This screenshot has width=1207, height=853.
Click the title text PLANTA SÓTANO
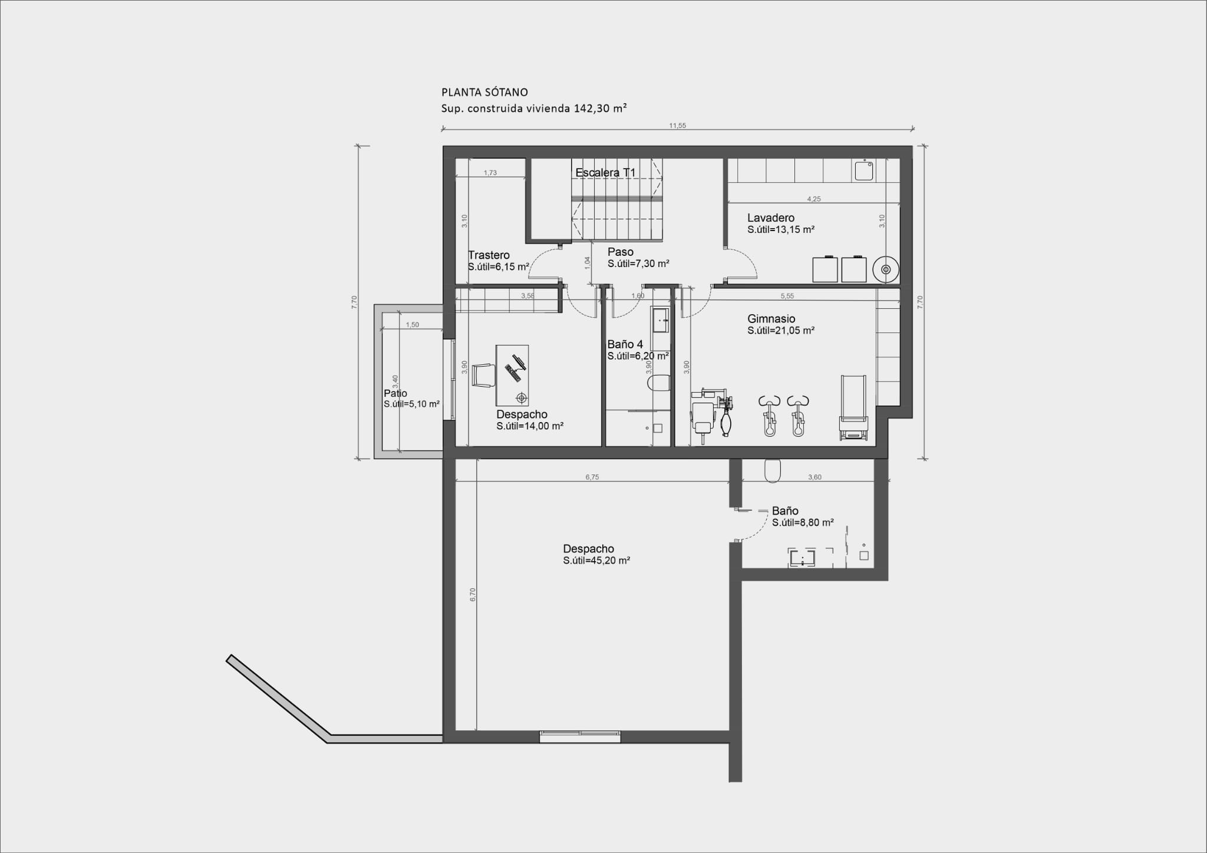tap(484, 93)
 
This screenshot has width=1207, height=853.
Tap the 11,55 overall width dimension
tap(677, 126)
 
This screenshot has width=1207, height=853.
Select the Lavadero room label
tap(770, 218)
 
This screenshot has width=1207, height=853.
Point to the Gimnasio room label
tap(771, 319)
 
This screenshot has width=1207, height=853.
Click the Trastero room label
tap(489, 255)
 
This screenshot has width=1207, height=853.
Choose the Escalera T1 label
tap(605, 173)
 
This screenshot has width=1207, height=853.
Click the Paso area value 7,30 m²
tap(638, 264)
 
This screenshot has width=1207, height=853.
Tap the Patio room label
tap(395, 394)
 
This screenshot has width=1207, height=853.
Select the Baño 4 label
tap(625, 345)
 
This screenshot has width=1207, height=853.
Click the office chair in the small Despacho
tap(483, 376)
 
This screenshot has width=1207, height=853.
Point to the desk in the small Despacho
tap(512, 376)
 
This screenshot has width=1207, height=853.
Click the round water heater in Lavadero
tap(885, 269)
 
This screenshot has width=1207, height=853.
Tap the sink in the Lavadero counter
tap(865, 170)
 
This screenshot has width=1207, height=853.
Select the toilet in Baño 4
tap(658, 384)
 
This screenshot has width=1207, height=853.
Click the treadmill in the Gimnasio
tap(853, 407)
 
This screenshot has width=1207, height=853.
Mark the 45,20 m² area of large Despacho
tap(596, 561)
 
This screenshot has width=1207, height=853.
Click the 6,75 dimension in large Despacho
tap(592, 477)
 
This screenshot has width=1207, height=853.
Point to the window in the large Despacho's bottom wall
tap(580, 733)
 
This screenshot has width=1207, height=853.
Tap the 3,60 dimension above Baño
tap(814, 477)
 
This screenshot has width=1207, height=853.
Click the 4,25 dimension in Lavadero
tap(813, 199)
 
